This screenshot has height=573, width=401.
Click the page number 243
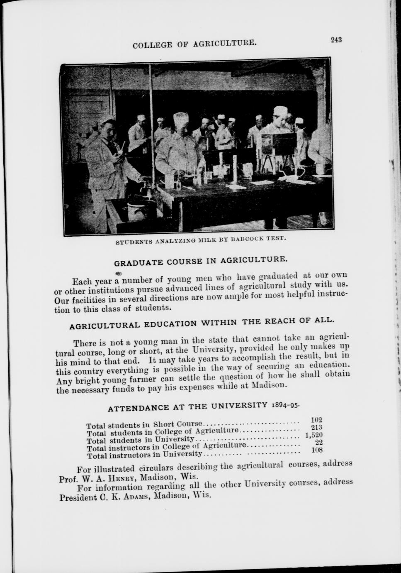point(336,40)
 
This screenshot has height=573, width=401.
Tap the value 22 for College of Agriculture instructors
point(319,443)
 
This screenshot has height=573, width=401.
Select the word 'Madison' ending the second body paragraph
point(271,385)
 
